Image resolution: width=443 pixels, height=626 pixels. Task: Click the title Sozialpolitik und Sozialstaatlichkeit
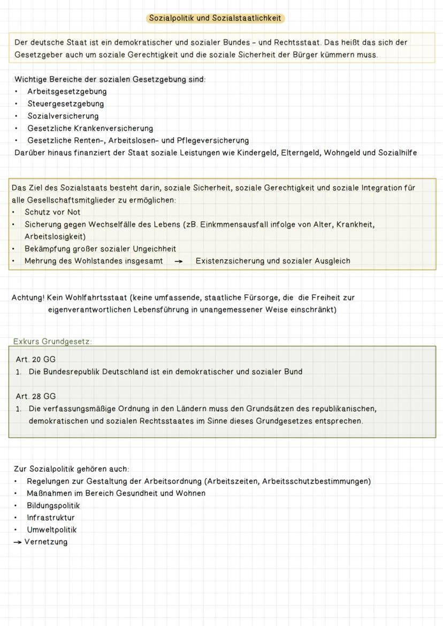(x=215, y=18)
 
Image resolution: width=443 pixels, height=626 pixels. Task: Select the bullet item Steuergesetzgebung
(x=66, y=104)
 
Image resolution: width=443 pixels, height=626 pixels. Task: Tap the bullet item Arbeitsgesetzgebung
(x=67, y=92)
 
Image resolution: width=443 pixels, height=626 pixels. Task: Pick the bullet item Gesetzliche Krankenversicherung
(x=90, y=129)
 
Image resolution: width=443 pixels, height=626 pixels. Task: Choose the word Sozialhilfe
(x=397, y=153)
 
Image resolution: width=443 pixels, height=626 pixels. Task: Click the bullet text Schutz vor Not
(x=52, y=212)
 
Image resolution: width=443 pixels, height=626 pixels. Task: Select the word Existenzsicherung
(x=230, y=261)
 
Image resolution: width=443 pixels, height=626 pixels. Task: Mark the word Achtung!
(x=28, y=297)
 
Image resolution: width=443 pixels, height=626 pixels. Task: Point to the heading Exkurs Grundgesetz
(x=52, y=341)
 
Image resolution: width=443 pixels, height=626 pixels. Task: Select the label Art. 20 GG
(x=35, y=359)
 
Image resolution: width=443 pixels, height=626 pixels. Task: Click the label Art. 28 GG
(x=35, y=396)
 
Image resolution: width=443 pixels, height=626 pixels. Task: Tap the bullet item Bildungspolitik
(x=53, y=506)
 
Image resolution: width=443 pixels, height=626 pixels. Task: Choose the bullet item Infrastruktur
(x=51, y=518)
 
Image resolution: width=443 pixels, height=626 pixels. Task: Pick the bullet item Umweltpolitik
(x=51, y=530)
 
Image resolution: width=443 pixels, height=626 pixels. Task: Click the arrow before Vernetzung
(x=18, y=542)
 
